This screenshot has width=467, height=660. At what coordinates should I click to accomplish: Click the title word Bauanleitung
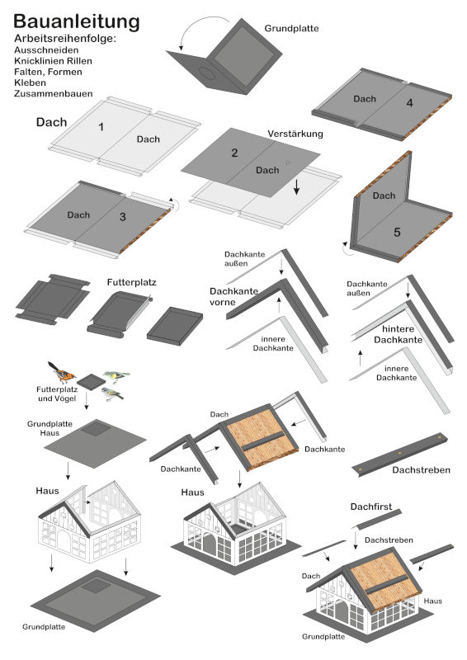pyautogui.click(x=76, y=22)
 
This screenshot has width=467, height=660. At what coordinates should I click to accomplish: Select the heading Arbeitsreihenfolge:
pyautogui.click(x=65, y=39)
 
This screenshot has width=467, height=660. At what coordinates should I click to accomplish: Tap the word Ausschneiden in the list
pyautogui.click(x=46, y=50)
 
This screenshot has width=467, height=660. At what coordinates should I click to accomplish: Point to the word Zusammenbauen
pyautogui.click(x=53, y=93)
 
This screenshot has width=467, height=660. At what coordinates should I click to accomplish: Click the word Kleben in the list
pyautogui.click(x=30, y=82)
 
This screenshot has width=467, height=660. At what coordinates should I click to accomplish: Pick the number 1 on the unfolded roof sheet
pyautogui.click(x=101, y=127)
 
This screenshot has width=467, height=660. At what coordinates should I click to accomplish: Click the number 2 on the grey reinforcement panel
pyautogui.click(x=234, y=153)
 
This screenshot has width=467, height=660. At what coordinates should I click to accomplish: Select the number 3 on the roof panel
pyautogui.click(x=123, y=217)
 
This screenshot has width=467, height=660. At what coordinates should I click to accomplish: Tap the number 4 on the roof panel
pyautogui.click(x=410, y=103)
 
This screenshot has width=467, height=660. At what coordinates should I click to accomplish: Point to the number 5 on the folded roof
pyautogui.click(x=397, y=233)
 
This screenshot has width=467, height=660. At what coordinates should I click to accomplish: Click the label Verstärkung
pyautogui.click(x=295, y=134)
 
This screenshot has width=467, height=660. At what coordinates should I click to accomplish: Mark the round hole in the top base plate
pyautogui.click(x=206, y=73)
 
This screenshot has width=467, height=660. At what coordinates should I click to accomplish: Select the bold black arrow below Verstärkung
pyautogui.click(x=296, y=186)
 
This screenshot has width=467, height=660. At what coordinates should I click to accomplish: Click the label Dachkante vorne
pyautogui.click(x=233, y=296)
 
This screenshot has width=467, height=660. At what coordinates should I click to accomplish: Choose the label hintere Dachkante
pyautogui.click(x=398, y=334)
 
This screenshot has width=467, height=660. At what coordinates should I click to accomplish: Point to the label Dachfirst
pyautogui.click(x=371, y=507)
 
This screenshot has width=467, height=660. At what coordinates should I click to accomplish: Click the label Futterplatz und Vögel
pyautogui.click(x=57, y=394)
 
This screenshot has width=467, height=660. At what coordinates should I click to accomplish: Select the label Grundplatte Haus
pyautogui.click(x=50, y=428)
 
